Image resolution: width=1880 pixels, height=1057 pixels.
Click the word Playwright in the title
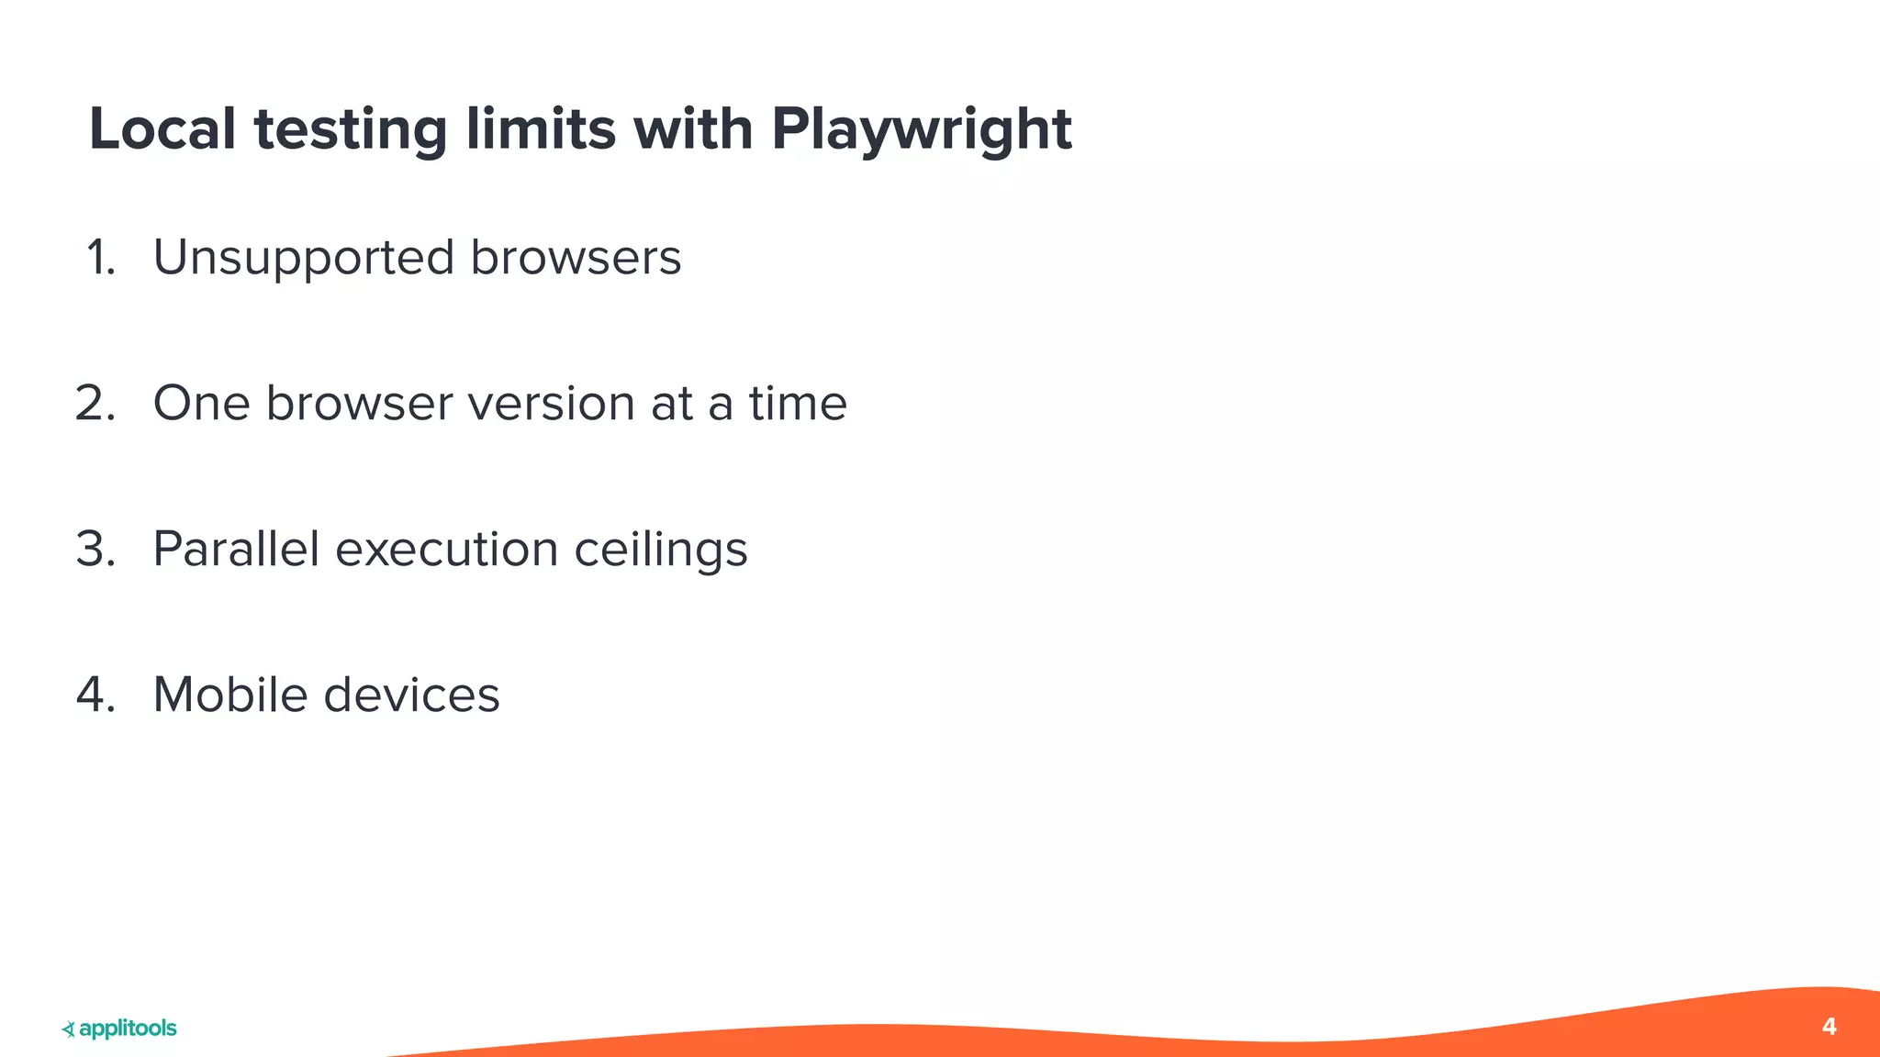tap(921, 130)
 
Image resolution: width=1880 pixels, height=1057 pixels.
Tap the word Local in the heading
tap(162, 128)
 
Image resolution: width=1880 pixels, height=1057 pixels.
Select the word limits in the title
tap(541, 128)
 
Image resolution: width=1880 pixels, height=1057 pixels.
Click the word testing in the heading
tap(351, 130)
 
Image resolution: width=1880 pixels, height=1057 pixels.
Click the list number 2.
tap(95, 404)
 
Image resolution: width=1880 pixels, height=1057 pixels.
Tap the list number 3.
tap(95, 550)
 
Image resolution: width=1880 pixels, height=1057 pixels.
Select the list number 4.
tap(95, 695)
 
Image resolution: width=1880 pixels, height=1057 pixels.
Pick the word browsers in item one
tap(576, 258)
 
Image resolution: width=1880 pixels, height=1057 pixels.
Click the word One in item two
tap(201, 404)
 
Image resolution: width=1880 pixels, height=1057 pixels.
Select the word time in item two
tap(797, 404)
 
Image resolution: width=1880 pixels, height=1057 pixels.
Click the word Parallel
tap(236, 550)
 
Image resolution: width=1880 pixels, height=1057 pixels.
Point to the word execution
tap(447, 550)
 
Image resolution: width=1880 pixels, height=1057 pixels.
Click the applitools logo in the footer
tap(119, 1029)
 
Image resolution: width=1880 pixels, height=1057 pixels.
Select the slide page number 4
tap(1829, 1027)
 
